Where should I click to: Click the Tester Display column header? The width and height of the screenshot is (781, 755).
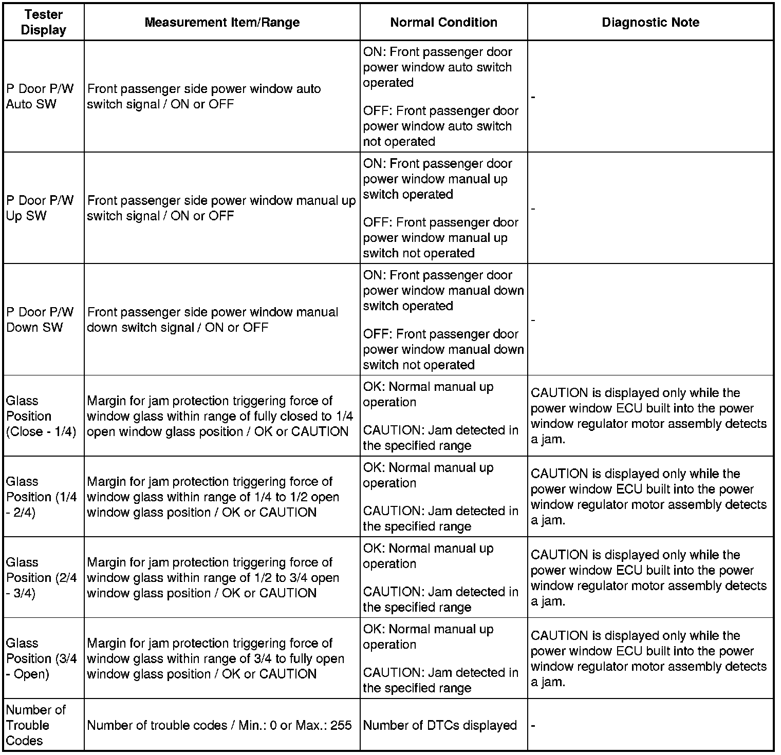click(44, 22)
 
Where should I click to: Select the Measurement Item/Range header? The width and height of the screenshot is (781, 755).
click(222, 22)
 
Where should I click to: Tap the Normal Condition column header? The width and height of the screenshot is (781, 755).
click(443, 22)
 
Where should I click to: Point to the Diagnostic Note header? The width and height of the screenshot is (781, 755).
click(650, 22)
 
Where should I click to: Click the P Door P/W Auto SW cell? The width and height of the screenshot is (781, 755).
click(40, 96)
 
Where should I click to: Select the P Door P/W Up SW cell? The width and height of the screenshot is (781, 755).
click(40, 208)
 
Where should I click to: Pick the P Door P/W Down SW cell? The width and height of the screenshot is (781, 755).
click(40, 319)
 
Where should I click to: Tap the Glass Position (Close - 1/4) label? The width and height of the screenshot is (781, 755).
click(41, 416)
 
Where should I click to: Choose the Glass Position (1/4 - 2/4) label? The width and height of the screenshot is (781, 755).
click(41, 497)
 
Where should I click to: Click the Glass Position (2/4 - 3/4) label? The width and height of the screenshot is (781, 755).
click(41, 577)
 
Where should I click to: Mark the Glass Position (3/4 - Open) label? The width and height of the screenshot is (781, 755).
click(41, 658)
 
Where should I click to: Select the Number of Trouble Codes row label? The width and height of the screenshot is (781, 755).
click(35, 725)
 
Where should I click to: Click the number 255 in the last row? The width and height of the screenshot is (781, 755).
click(341, 725)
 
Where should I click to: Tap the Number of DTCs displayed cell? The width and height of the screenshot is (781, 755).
click(440, 725)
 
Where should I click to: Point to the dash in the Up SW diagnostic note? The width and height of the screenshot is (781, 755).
click(533, 209)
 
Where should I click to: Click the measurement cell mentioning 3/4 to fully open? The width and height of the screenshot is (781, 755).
click(216, 658)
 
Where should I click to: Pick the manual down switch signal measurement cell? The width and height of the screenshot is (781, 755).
click(213, 319)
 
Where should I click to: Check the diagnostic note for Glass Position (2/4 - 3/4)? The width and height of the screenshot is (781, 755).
click(648, 578)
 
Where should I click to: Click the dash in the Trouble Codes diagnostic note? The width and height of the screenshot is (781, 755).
click(533, 726)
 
